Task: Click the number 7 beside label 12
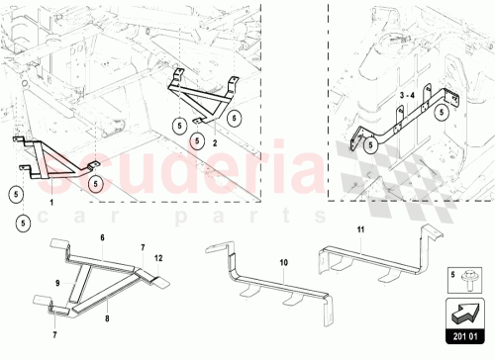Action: click(x=142, y=245)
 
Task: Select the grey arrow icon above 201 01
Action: click(x=462, y=313)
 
